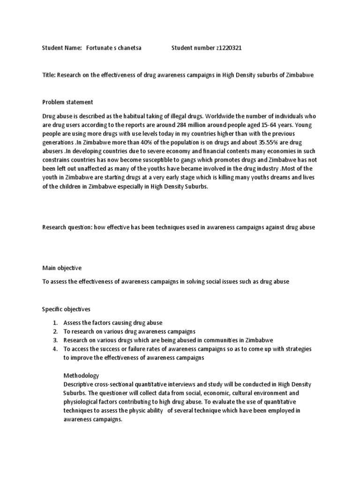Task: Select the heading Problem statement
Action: tap(67, 102)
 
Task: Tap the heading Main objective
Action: tap(62, 268)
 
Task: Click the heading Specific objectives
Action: tap(66, 309)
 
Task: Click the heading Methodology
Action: tap(81, 375)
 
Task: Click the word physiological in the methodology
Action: tap(81, 402)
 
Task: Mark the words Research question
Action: tap(66, 227)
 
